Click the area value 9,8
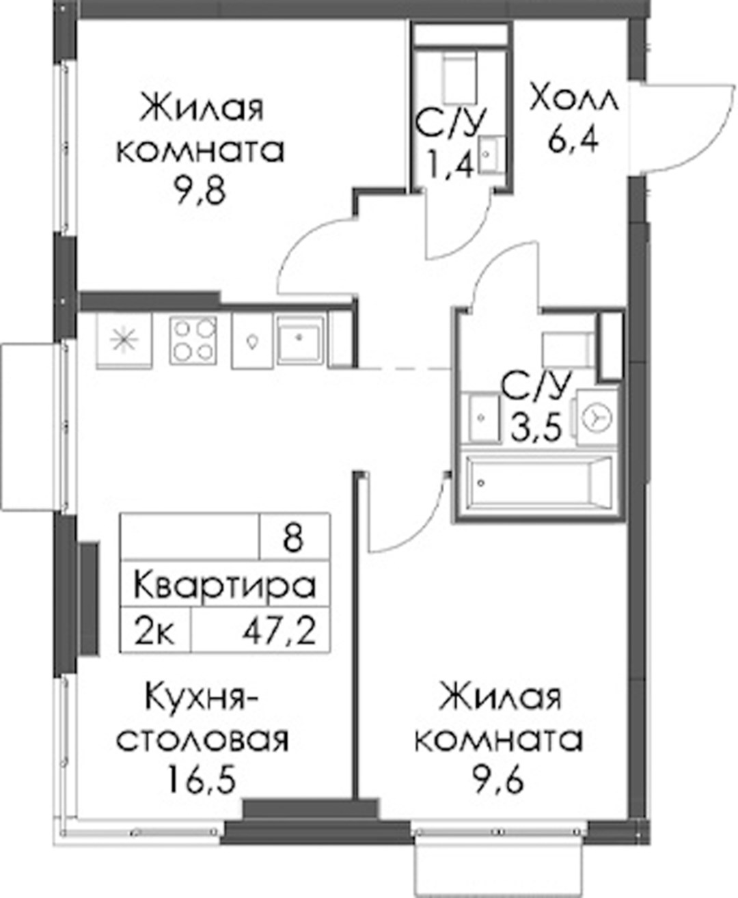(200, 191)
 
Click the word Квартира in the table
(225, 585)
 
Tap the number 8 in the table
(293, 537)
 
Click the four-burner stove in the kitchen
(193, 340)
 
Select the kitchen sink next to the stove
(299, 340)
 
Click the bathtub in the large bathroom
(538, 483)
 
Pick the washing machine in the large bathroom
(597, 418)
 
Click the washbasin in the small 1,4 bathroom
(491, 155)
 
